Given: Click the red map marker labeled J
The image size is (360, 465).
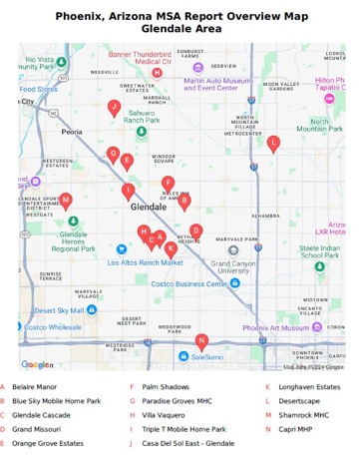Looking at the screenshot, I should tap(115, 107).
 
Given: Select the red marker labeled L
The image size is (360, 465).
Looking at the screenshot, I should tap(273, 143).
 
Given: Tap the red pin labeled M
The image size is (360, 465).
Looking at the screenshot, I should tap(66, 200).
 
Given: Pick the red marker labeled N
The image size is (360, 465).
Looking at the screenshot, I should tap(201, 341).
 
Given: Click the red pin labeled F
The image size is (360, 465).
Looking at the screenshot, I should tap(169, 183).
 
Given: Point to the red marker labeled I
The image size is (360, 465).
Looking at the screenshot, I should tap(128, 191).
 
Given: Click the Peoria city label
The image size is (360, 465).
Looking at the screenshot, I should tap(72, 132).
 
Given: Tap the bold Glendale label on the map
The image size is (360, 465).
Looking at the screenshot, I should tap(149, 207).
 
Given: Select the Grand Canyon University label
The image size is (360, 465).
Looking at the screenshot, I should tap(233, 267).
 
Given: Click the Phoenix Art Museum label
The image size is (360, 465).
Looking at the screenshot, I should tap(276, 327).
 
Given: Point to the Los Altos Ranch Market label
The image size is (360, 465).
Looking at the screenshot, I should tap(146, 262).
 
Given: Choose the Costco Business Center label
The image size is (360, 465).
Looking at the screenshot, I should tap(188, 283).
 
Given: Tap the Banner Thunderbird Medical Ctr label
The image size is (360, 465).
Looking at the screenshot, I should tap(140, 58).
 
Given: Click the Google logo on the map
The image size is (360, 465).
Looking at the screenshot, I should tap(37, 365).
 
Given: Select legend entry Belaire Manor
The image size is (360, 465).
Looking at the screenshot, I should tap(35, 387).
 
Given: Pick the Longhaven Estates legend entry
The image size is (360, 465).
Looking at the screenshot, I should tap(309, 387).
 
